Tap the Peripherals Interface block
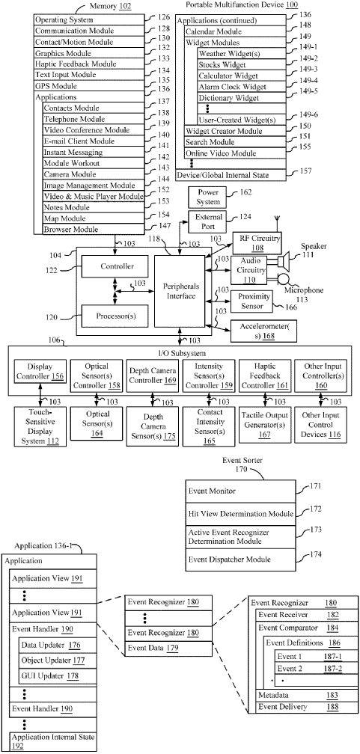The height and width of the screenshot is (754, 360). point(179,291)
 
